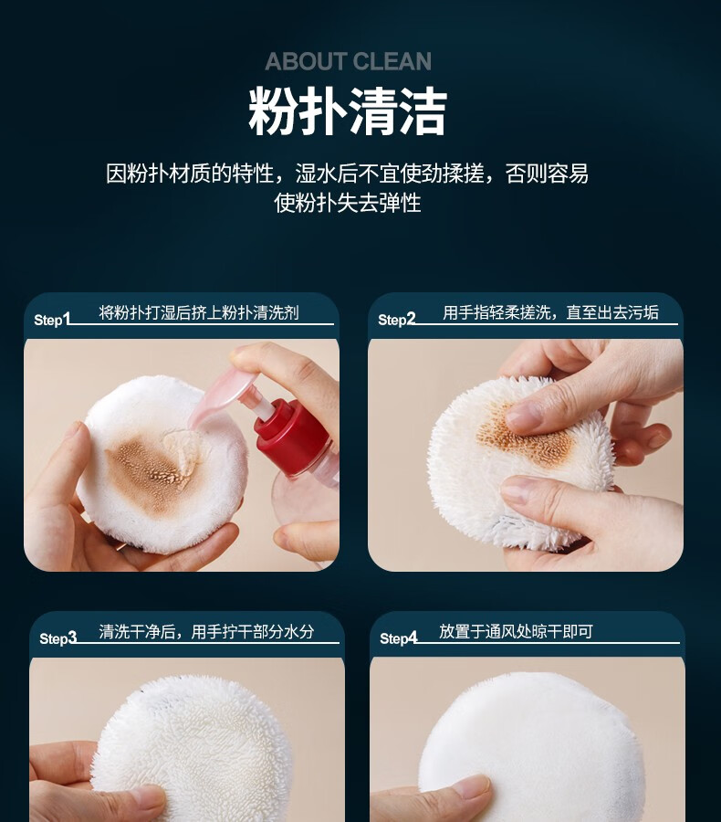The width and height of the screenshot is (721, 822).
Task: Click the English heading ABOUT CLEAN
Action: [x=348, y=61]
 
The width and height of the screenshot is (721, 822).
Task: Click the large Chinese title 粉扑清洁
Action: [x=348, y=111]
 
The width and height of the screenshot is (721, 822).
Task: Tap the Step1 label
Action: [x=51, y=320]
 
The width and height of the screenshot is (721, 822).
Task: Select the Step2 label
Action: [x=396, y=320]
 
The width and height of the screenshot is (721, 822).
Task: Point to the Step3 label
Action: [x=57, y=638]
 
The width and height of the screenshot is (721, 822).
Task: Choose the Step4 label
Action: [x=398, y=638]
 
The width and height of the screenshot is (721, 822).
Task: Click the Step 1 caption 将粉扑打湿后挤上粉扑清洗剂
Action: [x=199, y=312]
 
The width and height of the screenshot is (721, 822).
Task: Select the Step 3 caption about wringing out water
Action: [x=206, y=632]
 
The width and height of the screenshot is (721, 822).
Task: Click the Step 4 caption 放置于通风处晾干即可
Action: [x=516, y=631]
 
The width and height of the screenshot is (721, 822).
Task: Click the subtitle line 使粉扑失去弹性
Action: [x=348, y=203]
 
